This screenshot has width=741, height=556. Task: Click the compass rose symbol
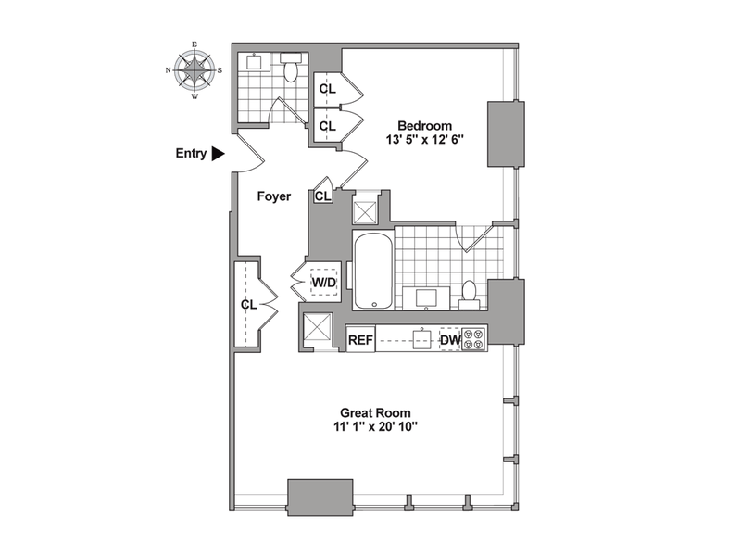pyautogui.click(x=195, y=69)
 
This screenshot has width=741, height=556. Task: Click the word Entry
pyautogui.click(x=191, y=154)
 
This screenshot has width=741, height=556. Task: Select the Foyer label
pyautogui.click(x=275, y=196)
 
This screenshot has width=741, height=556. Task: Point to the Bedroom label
pyautogui.click(x=424, y=126)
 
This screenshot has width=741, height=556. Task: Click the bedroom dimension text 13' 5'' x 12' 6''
pyautogui.click(x=424, y=143)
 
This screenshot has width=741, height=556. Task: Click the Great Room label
pyautogui.click(x=374, y=412)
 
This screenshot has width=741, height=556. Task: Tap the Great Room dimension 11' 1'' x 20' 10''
pyautogui.click(x=374, y=428)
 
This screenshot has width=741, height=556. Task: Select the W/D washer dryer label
pyautogui.click(x=323, y=280)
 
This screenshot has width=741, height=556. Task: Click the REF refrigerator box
pyautogui.click(x=359, y=340)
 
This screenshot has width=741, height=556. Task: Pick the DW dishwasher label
pyautogui.click(x=449, y=340)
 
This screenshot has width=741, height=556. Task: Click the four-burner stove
pyautogui.click(x=473, y=339)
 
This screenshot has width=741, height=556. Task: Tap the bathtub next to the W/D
pyautogui.click(x=372, y=271)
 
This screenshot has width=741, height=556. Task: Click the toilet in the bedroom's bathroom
pyautogui.click(x=470, y=293)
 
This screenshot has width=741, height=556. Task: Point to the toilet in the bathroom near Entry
pyautogui.click(x=291, y=70)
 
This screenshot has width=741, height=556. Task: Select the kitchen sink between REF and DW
pyautogui.click(x=423, y=339)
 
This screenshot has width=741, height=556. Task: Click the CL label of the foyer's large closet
pyautogui.click(x=248, y=304)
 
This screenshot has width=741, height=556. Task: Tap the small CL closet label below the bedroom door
pyautogui.click(x=322, y=196)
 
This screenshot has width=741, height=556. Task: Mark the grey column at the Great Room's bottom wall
pyautogui.click(x=320, y=497)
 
